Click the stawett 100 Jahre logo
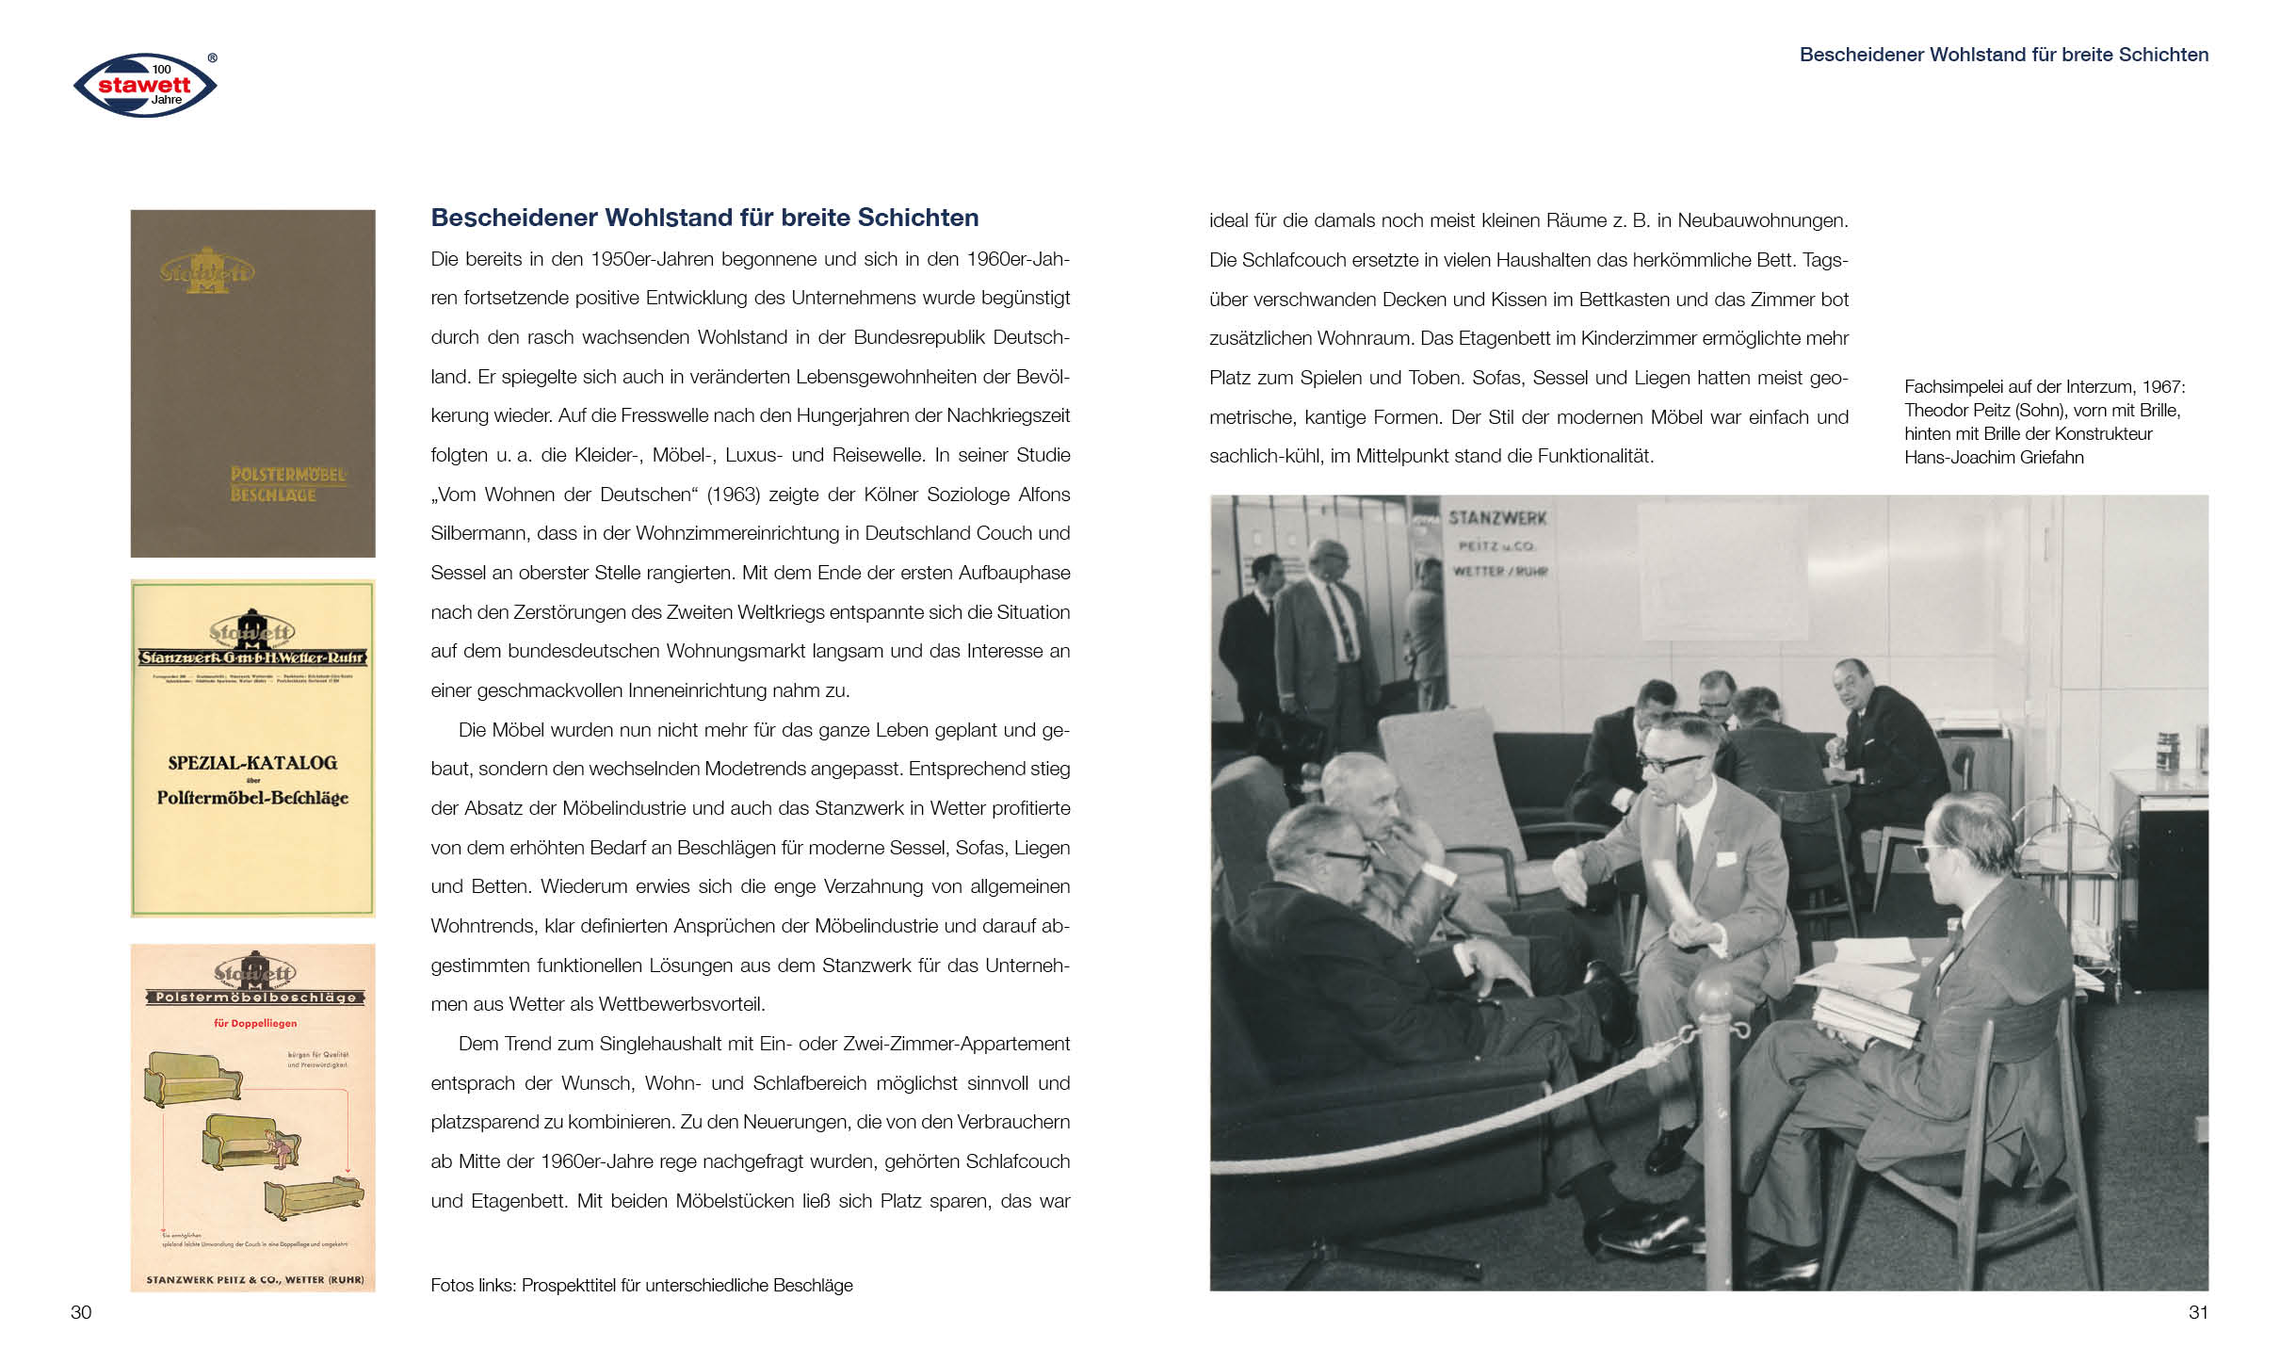pos(145,85)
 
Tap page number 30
pos(81,1312)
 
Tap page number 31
pos(2198,1312)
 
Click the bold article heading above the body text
pos(704,218)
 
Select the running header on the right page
pos(2003,55)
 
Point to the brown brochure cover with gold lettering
pos(252,382)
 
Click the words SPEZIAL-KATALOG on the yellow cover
pos(252,763)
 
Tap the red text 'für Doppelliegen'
pos(255,1023)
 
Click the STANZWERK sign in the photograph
pos(1497,518)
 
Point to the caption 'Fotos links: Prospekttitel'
pos(641,1286)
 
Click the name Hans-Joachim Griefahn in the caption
pos(1994,458)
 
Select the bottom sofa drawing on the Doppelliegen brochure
pos(314,1197)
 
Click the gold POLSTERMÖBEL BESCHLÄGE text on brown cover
pos(287,484)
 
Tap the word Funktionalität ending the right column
pos(1595,457)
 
